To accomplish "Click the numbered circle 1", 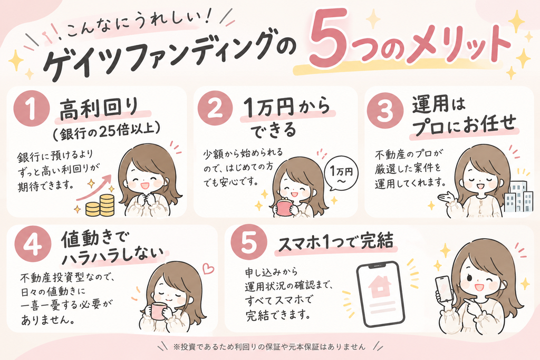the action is tap(31, 109).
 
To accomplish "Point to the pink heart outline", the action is tap(208, 268).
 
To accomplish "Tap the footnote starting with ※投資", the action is tap(269, 346).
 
